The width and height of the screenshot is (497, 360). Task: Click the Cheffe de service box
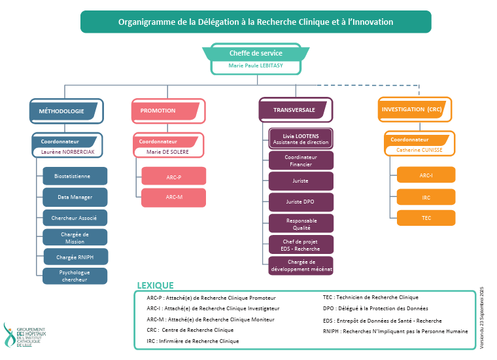pos(256,53)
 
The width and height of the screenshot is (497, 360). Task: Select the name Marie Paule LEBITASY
pos(256,66)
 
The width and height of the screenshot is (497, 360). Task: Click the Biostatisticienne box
pos(75,176)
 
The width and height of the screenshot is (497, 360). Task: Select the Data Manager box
pos(75,197)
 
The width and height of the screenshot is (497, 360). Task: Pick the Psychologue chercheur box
pos(75,276)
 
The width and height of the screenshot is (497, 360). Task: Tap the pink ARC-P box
pos(173,177)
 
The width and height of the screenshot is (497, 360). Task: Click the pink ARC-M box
pos(173,197)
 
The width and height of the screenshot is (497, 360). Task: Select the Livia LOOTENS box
pos(301,139)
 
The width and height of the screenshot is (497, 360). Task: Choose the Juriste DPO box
pos(301,202)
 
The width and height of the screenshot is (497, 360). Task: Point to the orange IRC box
pos(426,197)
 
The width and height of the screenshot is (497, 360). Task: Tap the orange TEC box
pos(426,218)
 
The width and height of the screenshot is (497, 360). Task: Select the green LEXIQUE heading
pos(155,285)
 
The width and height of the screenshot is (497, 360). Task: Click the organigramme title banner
pos(256,22)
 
